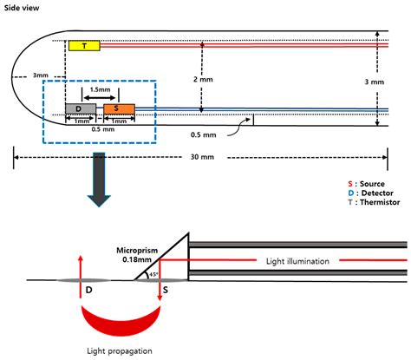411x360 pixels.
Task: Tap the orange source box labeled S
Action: click(118, 109)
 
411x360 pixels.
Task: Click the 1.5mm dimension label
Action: click(99, 89)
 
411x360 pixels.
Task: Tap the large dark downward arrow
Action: click(103, 181)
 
